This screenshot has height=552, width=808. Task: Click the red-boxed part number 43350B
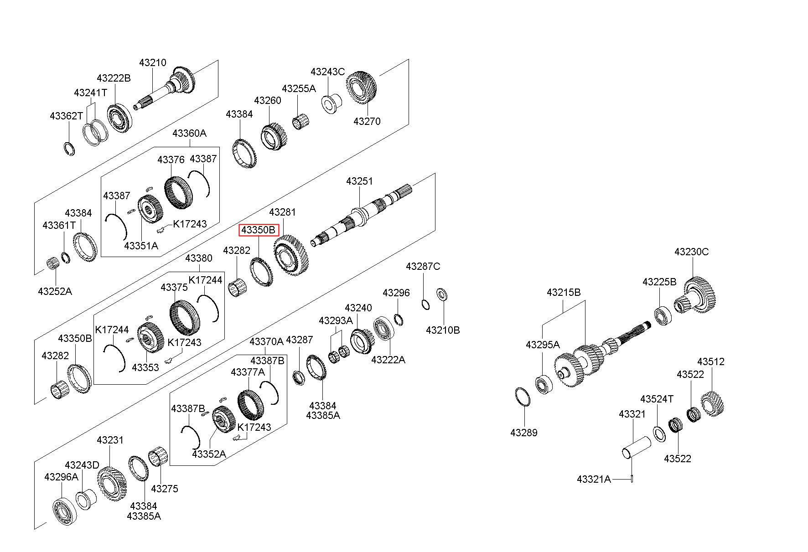click(259, 230)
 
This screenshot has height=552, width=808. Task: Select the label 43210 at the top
click(153, 63)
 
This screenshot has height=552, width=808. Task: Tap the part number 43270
click(367, 121)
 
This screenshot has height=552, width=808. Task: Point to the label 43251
click(359, 181)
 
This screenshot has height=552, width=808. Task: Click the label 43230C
click(691, 252)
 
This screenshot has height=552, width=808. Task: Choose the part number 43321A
click(593, 479)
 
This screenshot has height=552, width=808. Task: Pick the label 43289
click(523, 433)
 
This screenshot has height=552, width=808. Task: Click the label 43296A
click(61, 477)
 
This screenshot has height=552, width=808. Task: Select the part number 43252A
click(55, 291)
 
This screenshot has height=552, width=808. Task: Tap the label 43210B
click(443, 330)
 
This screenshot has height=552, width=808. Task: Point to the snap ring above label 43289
click(523, 397)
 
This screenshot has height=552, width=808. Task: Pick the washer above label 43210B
click(441, 294)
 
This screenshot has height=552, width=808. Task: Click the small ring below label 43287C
click(425, 304)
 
